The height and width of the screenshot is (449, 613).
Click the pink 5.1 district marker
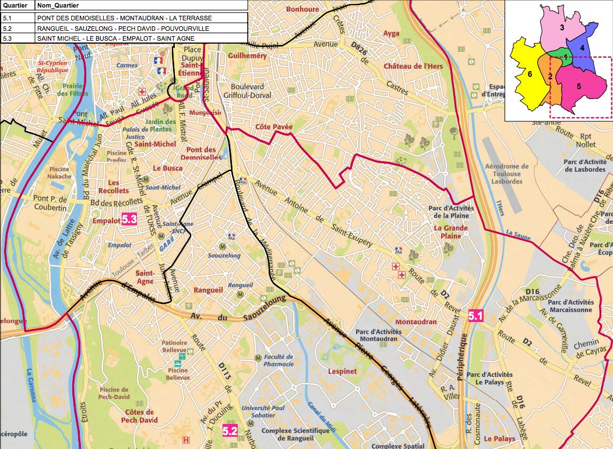pyautogui.click(x=476, y=316)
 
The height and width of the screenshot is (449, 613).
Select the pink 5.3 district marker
pyautogui.click(x=128, y=220)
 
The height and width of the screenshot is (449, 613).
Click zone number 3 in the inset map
pyautogui.click(x=562, y=27)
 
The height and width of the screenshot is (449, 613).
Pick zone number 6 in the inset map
pyautogui.click(x=529, y=74)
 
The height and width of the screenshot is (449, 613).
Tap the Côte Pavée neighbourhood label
pyautogui.click(x=274, y=126)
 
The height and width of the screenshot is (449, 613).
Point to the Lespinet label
pyautogui.click(x=342, y=371)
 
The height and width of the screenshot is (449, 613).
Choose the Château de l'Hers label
pyautogui.click(x=413, y=66)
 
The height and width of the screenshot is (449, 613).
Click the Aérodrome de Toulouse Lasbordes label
pyautogui.click(x=506, y=174)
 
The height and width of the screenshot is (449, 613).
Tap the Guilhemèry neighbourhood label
pyautogui.click(x=247, y=56)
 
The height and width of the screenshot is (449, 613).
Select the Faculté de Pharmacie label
pyautogui.click(x=279, y=360)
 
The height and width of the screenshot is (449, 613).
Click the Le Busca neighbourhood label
pyautogui.click(x=167, y=168)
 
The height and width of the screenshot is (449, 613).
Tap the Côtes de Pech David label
pyautogui.click(x=139, y=415)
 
